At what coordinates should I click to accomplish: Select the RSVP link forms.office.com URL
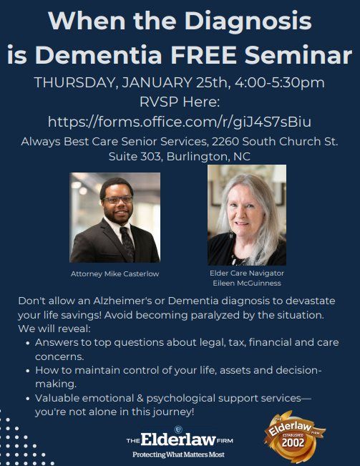(179, 121)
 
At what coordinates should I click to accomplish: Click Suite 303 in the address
(136, 155)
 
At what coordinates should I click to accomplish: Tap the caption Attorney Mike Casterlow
(115, 273)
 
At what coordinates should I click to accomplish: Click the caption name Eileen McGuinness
(246, 282)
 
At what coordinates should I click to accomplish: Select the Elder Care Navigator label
(246, 273)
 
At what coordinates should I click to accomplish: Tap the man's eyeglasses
(117, 200)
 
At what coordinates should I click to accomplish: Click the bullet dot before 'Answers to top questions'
(26, 344)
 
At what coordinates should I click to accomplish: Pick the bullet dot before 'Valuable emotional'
(26, 398)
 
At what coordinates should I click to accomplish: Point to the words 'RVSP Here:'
(179, 102)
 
